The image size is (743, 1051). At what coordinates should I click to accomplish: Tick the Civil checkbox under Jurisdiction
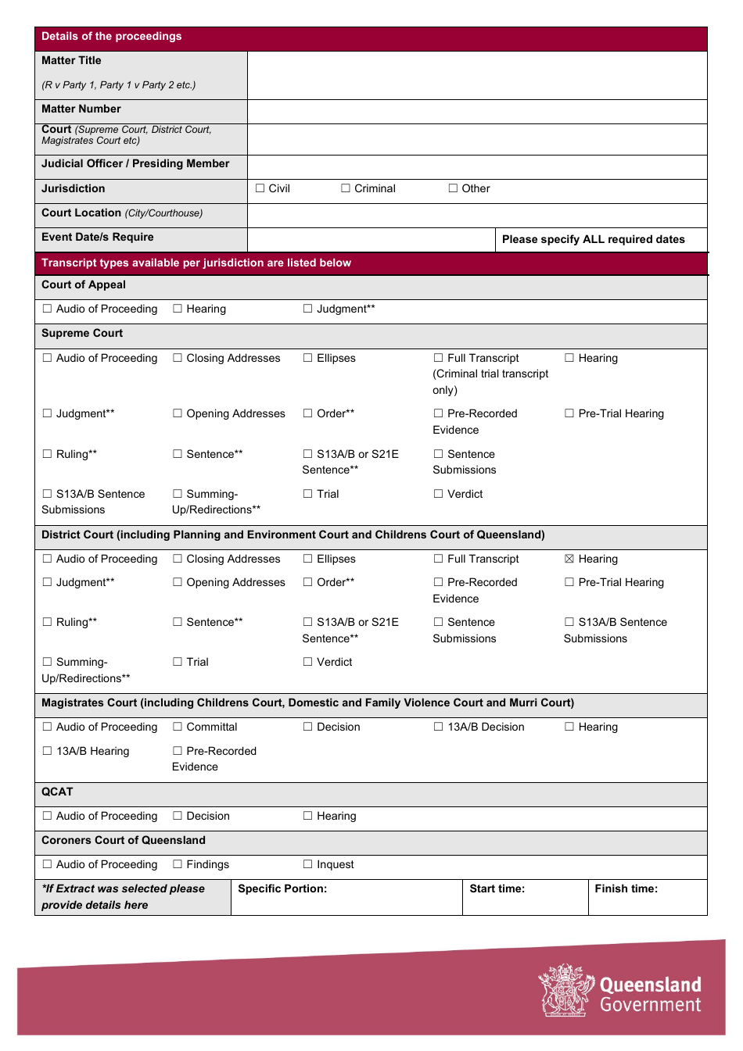pyautogui.click(x=260, y=188)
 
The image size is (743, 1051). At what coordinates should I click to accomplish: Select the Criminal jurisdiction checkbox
pyautogui.click(x=346, y=188)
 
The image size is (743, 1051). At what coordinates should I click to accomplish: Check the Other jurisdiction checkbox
pyautogui.click(x=453, y=188)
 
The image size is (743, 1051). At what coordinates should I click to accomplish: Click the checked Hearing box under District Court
pyautogui.click(x=569, y=559)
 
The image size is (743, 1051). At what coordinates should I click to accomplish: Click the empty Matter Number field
pyautogui.click(x=476, y=111)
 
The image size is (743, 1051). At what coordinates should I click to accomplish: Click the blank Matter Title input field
pyautogui.click(x=476, y=75)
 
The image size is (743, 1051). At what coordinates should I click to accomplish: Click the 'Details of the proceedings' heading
pyautogui.click(x=111, y=37)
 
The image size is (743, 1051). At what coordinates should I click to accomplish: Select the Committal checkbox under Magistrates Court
pyautogui.click(x=178, y=727)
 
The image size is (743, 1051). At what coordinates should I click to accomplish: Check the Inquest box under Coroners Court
pyautogui.click(x=308, y=864)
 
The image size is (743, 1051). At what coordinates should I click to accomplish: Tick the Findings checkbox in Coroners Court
pyautogui.click(x=178, y=864)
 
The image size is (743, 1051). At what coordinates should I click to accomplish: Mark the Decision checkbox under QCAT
pyautogui.click(x=178, y=816)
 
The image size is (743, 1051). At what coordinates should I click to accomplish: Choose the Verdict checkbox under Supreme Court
pyautogui.click(x=439, y=494)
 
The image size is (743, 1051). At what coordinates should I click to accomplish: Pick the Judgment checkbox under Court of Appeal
pyautogui.click(x=308, y=309)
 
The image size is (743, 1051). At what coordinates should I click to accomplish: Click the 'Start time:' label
pyautogui.click(x=497, y=888)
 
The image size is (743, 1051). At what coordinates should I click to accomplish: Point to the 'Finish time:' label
pyautogui.click(x=626, y=888)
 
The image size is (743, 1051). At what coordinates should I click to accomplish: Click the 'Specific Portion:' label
pyautogui.click(x=282, y=888)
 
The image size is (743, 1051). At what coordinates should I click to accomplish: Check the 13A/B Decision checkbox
pyautogui.click(x=439, y=727)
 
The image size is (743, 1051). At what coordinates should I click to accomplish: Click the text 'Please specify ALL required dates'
pyautogui.click(x=593, y=240)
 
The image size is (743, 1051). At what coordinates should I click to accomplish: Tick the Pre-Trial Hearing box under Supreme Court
pyautogui.click(x=569, y=413)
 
